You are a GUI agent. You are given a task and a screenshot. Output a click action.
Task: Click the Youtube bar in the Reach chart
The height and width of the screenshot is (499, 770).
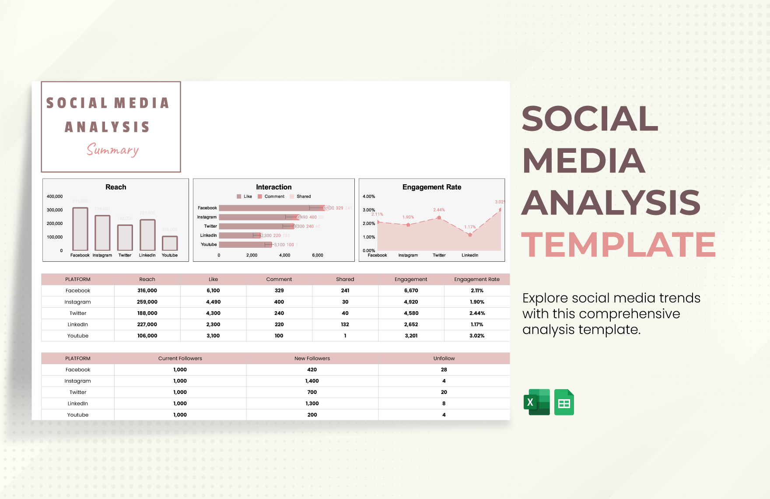[x=170, y=243]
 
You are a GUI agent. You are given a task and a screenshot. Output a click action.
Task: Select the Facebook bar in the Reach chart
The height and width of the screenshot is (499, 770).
[x=80, y=229]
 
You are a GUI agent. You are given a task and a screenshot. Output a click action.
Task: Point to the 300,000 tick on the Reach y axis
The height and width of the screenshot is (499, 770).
[x=55, y=210]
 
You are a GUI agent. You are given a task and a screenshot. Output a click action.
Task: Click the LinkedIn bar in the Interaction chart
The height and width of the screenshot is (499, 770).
[x=240, y=235]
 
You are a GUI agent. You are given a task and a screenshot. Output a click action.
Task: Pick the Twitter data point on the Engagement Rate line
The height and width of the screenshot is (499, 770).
[x=439, y=218]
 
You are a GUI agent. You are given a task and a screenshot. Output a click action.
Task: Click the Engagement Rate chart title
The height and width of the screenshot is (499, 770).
[x=432, y=187]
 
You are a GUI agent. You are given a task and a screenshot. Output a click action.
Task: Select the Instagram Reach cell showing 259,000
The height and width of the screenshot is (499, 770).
[x=147, y=302]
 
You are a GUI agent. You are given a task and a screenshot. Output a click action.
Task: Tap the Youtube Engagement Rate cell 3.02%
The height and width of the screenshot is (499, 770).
[x=477, y=336]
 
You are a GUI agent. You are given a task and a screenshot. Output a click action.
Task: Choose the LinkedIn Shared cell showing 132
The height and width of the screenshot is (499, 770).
[x=345, y=324]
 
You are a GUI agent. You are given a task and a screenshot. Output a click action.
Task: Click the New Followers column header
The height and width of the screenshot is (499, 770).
[x=312, y=358]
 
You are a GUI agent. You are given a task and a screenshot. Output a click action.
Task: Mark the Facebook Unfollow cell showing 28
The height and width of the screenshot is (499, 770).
[x=444, y=370]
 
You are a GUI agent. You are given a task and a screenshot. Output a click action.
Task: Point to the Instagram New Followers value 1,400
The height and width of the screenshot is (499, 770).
[x=312, y=381]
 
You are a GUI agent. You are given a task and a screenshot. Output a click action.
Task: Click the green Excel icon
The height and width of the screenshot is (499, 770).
[x=536, y=402]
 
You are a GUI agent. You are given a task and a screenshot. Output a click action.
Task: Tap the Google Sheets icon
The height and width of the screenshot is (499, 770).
[x=564, y=402]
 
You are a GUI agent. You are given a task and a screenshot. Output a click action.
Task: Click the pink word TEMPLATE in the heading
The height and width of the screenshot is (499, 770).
[x=618, y=245]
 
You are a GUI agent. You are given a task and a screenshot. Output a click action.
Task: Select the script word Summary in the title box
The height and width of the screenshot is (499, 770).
[x=113, y=150]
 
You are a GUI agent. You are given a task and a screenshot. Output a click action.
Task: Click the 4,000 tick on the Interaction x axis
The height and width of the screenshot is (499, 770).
[x=285, y=255]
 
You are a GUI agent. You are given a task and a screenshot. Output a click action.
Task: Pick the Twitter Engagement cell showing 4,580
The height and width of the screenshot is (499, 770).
[x=411, y=313]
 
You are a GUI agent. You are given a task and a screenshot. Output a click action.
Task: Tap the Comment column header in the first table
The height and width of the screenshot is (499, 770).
[x=279, y=279]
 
